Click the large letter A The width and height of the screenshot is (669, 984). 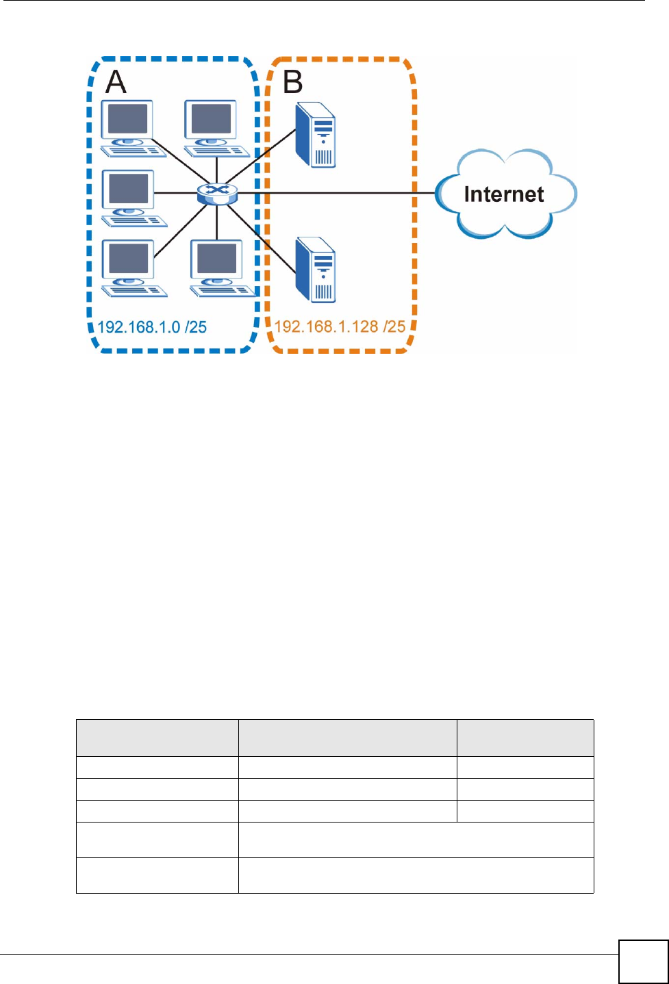point(116,81)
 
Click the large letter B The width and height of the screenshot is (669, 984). point(293,81)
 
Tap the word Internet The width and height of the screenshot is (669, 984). point(504,194)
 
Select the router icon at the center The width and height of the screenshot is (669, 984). point(217,194)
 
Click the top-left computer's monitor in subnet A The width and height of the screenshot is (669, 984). point(127,120)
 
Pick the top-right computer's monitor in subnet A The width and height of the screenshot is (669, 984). point(210,120)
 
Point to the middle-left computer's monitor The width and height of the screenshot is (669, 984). point(128,190)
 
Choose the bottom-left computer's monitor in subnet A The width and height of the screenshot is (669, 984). point(128,259)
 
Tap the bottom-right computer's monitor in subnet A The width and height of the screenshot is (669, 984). point(216,259)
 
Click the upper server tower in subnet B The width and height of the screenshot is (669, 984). point(316,135)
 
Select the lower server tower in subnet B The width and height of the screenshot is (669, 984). point(316,270)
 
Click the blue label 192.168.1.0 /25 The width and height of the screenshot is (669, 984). point(152,327)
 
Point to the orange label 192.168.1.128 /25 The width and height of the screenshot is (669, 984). point(340,326)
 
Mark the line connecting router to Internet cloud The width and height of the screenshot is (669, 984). point(336,193)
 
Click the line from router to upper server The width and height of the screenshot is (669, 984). point(260,157)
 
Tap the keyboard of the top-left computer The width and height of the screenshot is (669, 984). point(134,151)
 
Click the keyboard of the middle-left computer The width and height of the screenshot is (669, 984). point(134,221)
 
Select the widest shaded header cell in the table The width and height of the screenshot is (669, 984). point(348,738)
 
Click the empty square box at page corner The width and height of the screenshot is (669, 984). point(644,961)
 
